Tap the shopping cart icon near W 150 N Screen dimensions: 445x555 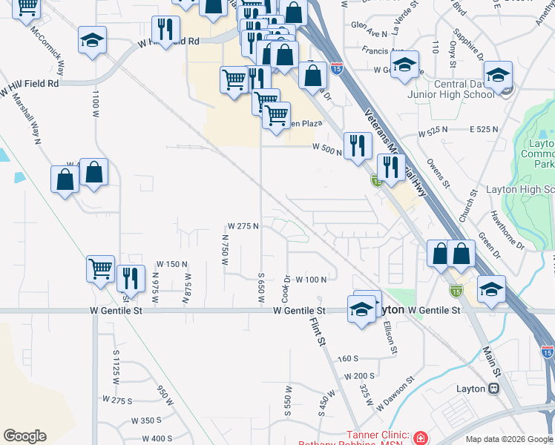[100, 268]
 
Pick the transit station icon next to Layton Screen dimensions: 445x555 [492, 389]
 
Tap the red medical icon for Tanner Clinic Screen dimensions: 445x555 [421, 438]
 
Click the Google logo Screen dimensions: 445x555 [24, 436]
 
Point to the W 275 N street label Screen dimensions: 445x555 [243, 225]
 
